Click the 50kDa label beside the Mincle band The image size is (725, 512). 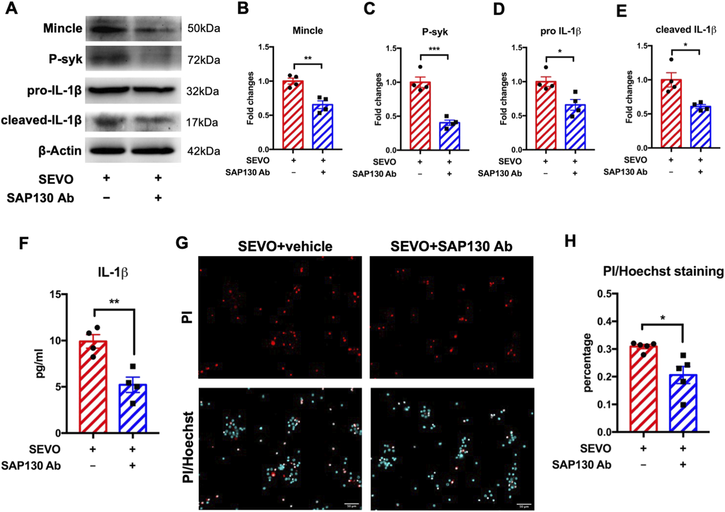tap(203, 28)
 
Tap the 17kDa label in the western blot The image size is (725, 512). tap(202, 122)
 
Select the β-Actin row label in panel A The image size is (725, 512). tap(60, 151)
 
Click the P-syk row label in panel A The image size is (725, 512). tap(65, 59)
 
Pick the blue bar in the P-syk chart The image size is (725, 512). tap(449, 137)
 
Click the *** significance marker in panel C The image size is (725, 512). tap(434, 49)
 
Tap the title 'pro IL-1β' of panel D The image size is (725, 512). tap(560, 31)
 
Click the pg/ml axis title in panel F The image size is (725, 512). tap(40, 364)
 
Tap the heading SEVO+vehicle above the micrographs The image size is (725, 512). tap(285, 247)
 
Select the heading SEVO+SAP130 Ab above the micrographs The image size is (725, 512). tap(451, 247)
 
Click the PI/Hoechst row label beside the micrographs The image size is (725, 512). tap(188, 448)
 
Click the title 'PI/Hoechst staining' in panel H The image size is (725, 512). tap(663, 271)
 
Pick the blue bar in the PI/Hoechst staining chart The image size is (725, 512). tap(683, 405)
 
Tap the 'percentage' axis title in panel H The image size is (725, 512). tap(588, 363)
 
